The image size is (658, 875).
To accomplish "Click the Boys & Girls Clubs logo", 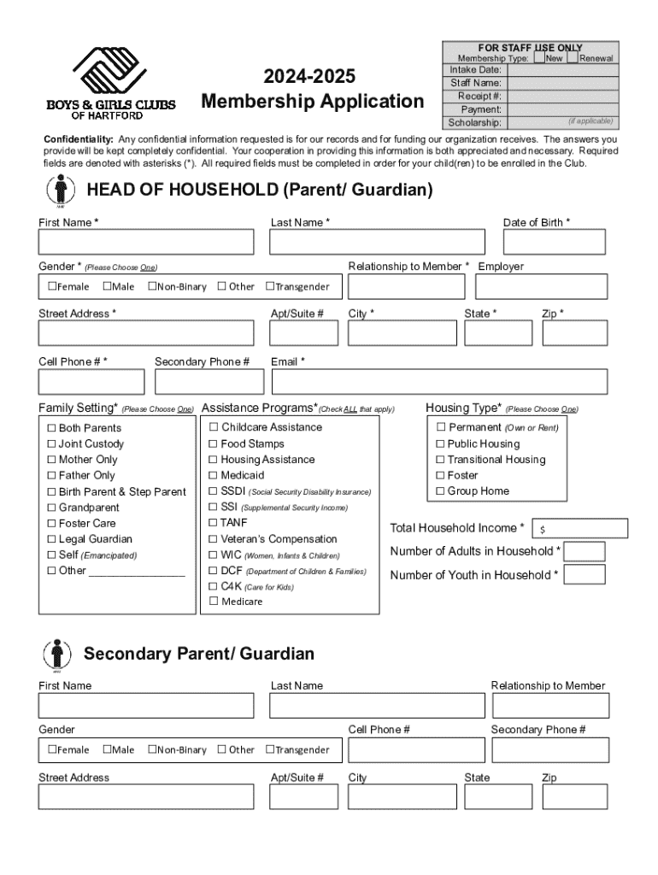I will coord(111,82).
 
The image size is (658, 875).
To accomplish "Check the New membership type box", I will coord(540,58).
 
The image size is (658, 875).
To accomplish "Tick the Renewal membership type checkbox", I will coord(573,58).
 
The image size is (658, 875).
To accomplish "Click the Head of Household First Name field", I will coord(146,243).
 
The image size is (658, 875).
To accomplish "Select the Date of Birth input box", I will coord(555,243).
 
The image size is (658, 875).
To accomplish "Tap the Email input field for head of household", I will coord(438,382).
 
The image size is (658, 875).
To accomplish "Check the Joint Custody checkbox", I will coord(51,444).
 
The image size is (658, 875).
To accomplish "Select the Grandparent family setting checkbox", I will coord(51,508).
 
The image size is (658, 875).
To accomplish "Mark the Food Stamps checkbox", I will coord(214,444).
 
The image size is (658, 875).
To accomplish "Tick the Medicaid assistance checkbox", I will coord(214,475).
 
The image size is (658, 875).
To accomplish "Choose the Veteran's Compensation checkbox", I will coord(214,539).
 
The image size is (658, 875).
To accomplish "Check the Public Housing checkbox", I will coord(441,444).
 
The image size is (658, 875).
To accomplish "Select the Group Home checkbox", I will coord(441,491).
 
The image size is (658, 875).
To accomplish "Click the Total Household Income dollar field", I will coord(580,529).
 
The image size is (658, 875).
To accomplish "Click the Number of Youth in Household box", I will coord(585,574).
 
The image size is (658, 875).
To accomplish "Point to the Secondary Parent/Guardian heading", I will coord(199,655).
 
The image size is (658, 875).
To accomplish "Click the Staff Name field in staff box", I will coord(560,84).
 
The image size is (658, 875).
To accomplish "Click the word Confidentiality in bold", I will coord(79,139).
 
